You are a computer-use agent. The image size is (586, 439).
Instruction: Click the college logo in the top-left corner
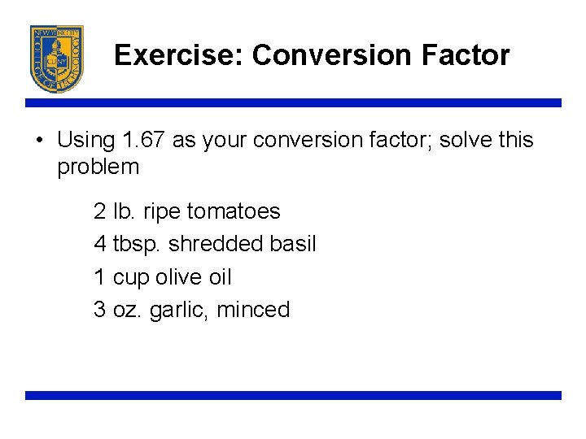(x=56, y=58)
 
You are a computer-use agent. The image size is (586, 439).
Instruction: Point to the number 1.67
(x=144, y=140)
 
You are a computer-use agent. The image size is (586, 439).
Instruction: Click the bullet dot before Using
(x=39, y=140)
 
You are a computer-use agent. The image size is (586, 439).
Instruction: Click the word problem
(x=98, y=168)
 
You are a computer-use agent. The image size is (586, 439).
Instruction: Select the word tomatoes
(x=233, y=211)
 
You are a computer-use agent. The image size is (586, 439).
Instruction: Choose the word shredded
(x=216, y=244)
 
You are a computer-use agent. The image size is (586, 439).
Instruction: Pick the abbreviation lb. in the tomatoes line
(x=125, y=211)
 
